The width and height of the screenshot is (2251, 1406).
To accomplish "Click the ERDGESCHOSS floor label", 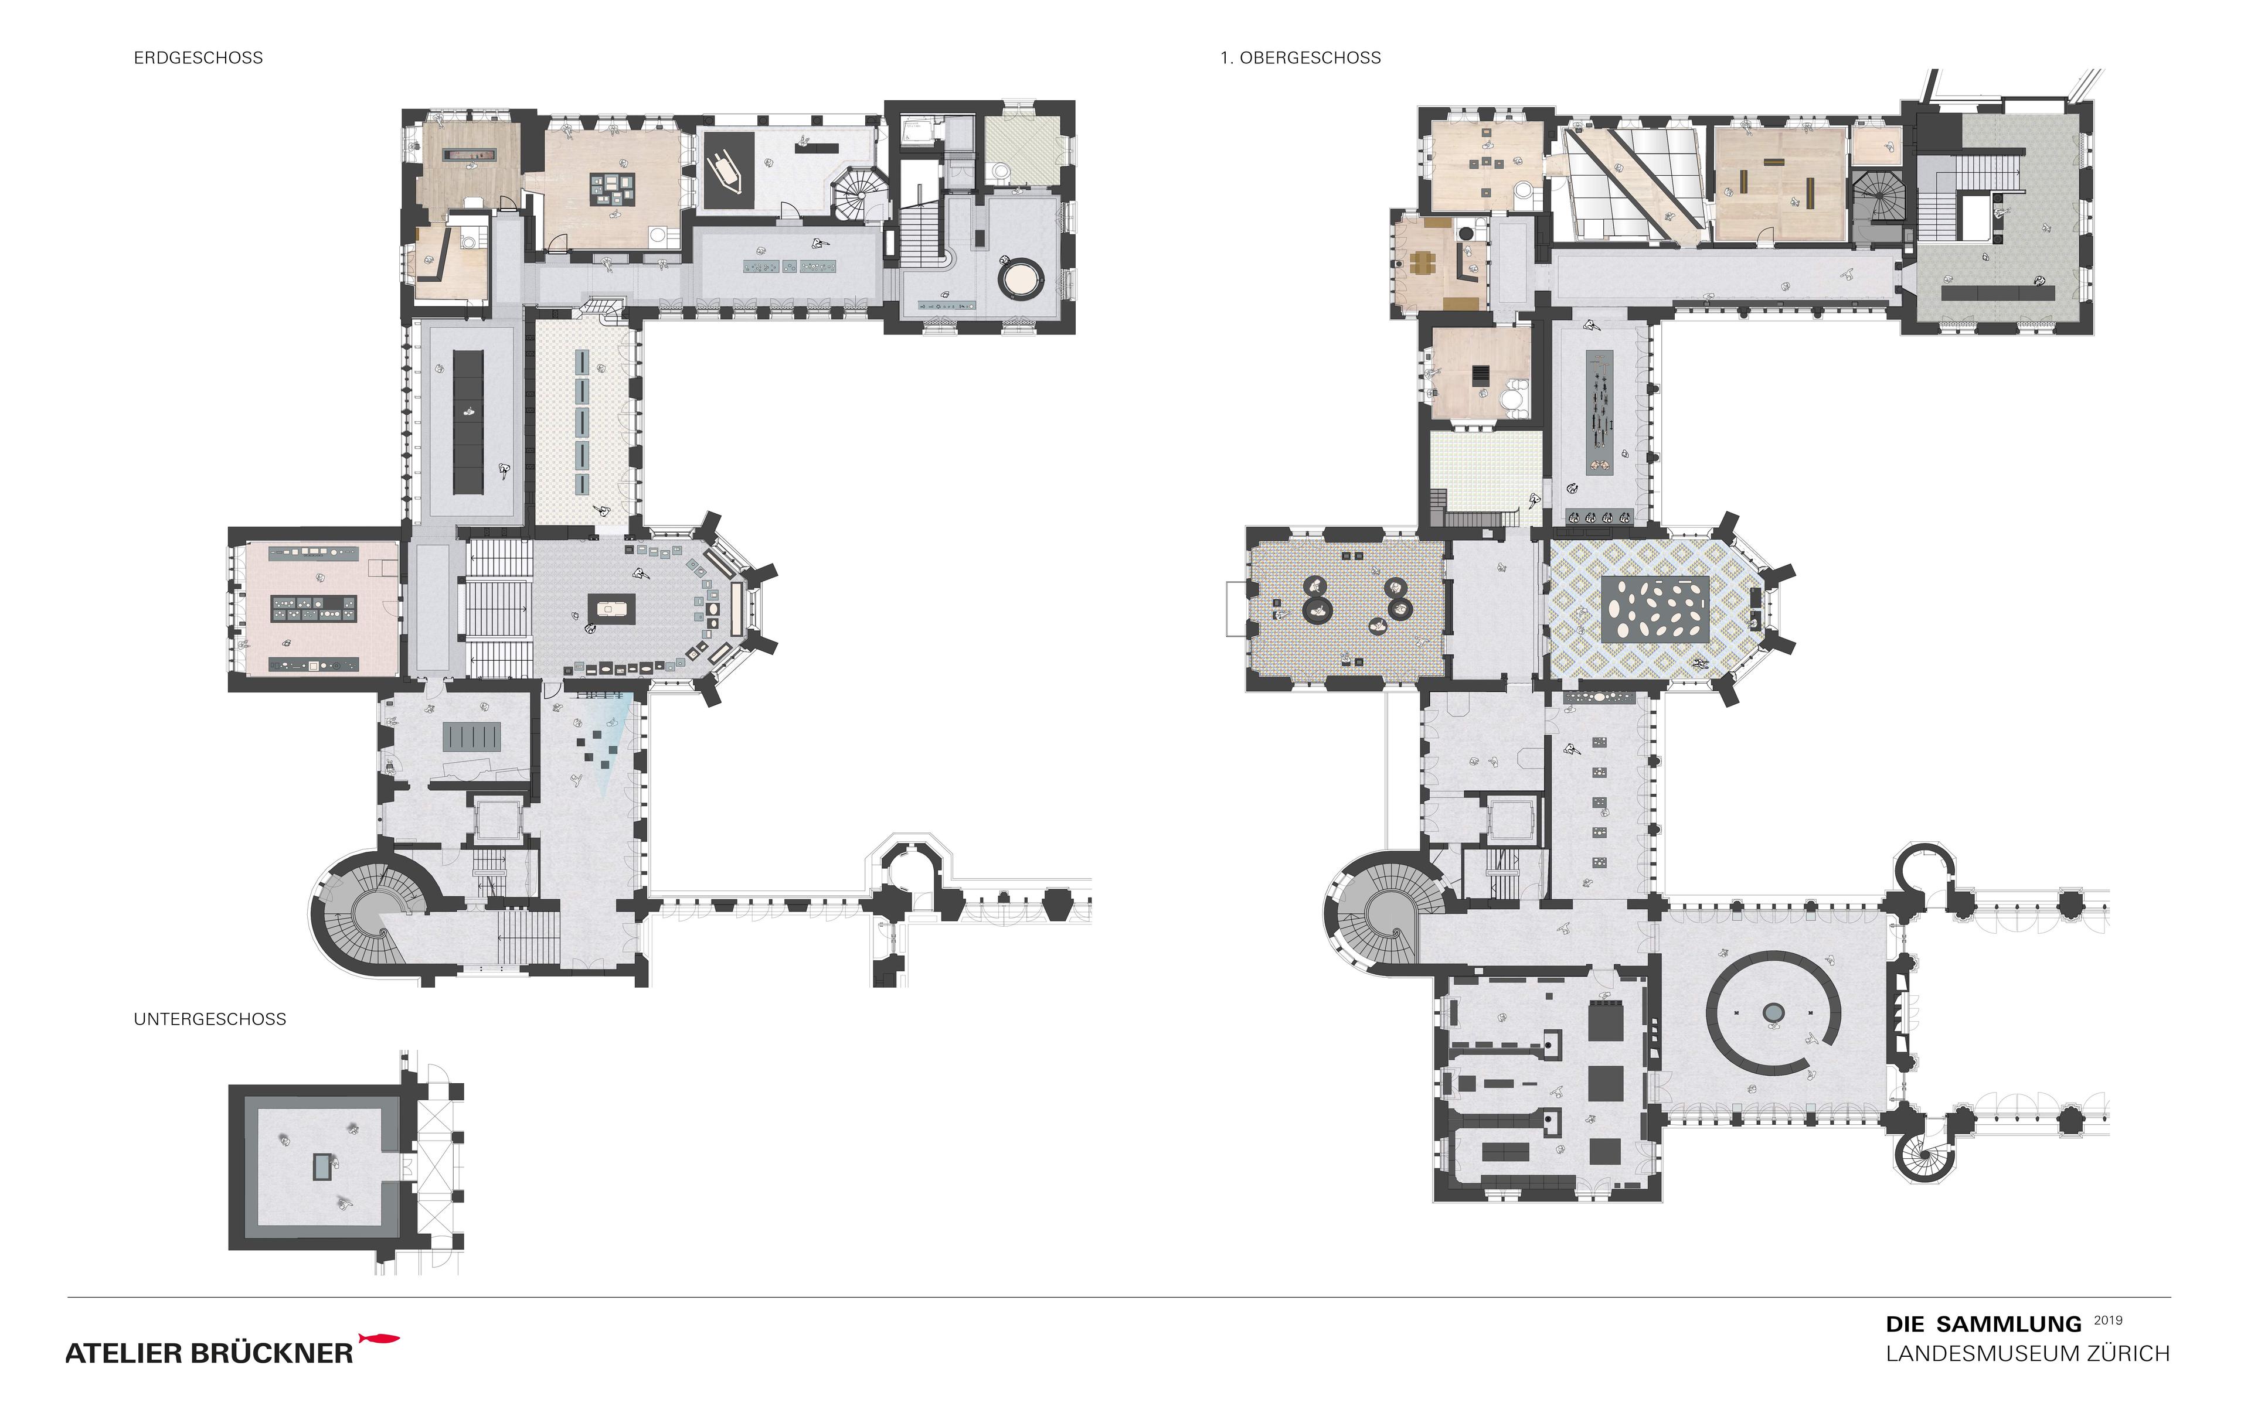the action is (x=198, y=57).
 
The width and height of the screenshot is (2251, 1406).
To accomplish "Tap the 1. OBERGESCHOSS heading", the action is (x=1300, y=57).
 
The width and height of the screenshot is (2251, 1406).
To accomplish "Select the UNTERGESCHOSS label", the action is (x=210, y=1019).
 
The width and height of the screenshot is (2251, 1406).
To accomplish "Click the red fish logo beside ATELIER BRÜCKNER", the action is (x=379, y=1339).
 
